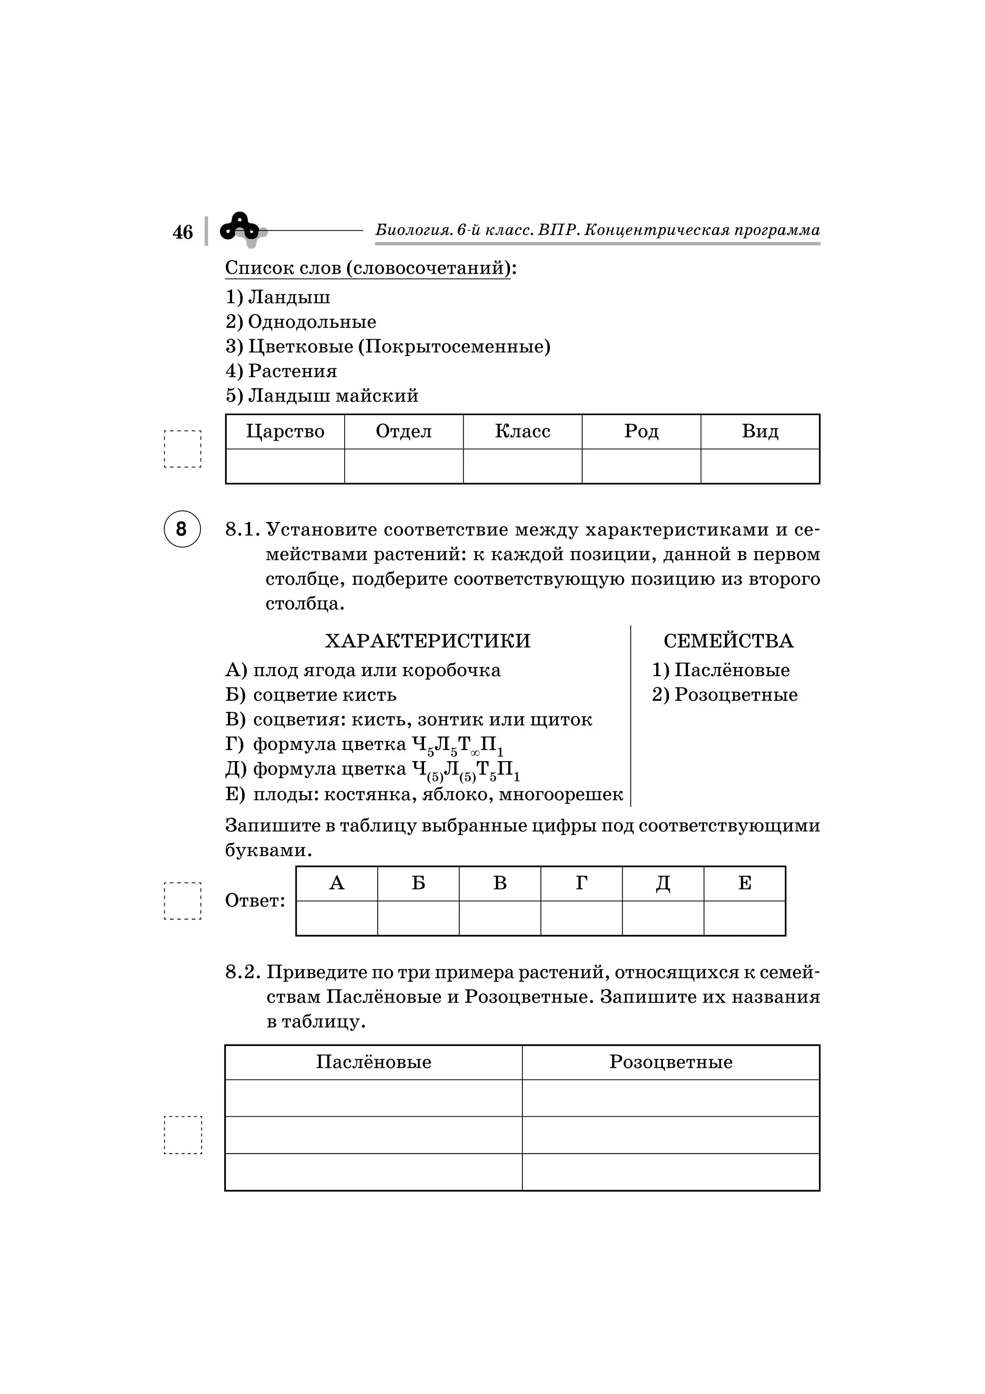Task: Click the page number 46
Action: point(183,232)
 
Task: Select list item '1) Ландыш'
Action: point(278,298)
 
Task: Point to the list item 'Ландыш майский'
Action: point(322,396)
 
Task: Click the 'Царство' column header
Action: point(285,432)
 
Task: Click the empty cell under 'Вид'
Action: point(760,466)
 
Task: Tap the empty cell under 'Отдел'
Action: point(404,466)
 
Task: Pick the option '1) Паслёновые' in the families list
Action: point(721,670)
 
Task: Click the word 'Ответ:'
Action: point(255,900)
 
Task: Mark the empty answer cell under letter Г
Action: point(581,918)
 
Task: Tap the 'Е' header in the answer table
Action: point(745,884)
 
